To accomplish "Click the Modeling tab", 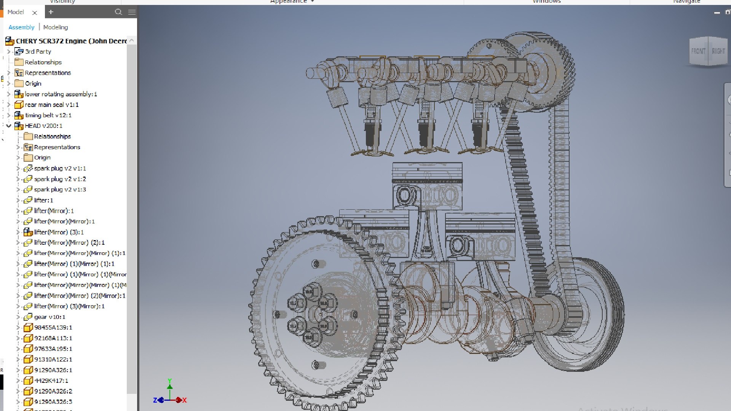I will [56, 27].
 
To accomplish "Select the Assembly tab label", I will [21, 27].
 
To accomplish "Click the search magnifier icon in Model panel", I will [118, 12].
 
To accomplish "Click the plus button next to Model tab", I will [51, 12].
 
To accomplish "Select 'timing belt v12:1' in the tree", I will [48, 115].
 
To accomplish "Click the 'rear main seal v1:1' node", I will [51, 105].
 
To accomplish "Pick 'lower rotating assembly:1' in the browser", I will [61, 94].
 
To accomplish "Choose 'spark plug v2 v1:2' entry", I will [60, 179].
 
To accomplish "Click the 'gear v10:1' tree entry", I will [49, 317].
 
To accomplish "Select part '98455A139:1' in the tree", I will [53, 328].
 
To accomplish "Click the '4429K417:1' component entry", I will [51, 381].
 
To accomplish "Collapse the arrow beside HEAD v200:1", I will [9, 126].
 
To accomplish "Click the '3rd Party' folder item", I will [38, 51].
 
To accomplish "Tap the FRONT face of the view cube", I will [698, 51].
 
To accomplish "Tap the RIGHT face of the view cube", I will [718, 51].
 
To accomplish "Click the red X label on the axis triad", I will [185, 400].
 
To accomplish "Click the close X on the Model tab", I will [35, 13].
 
